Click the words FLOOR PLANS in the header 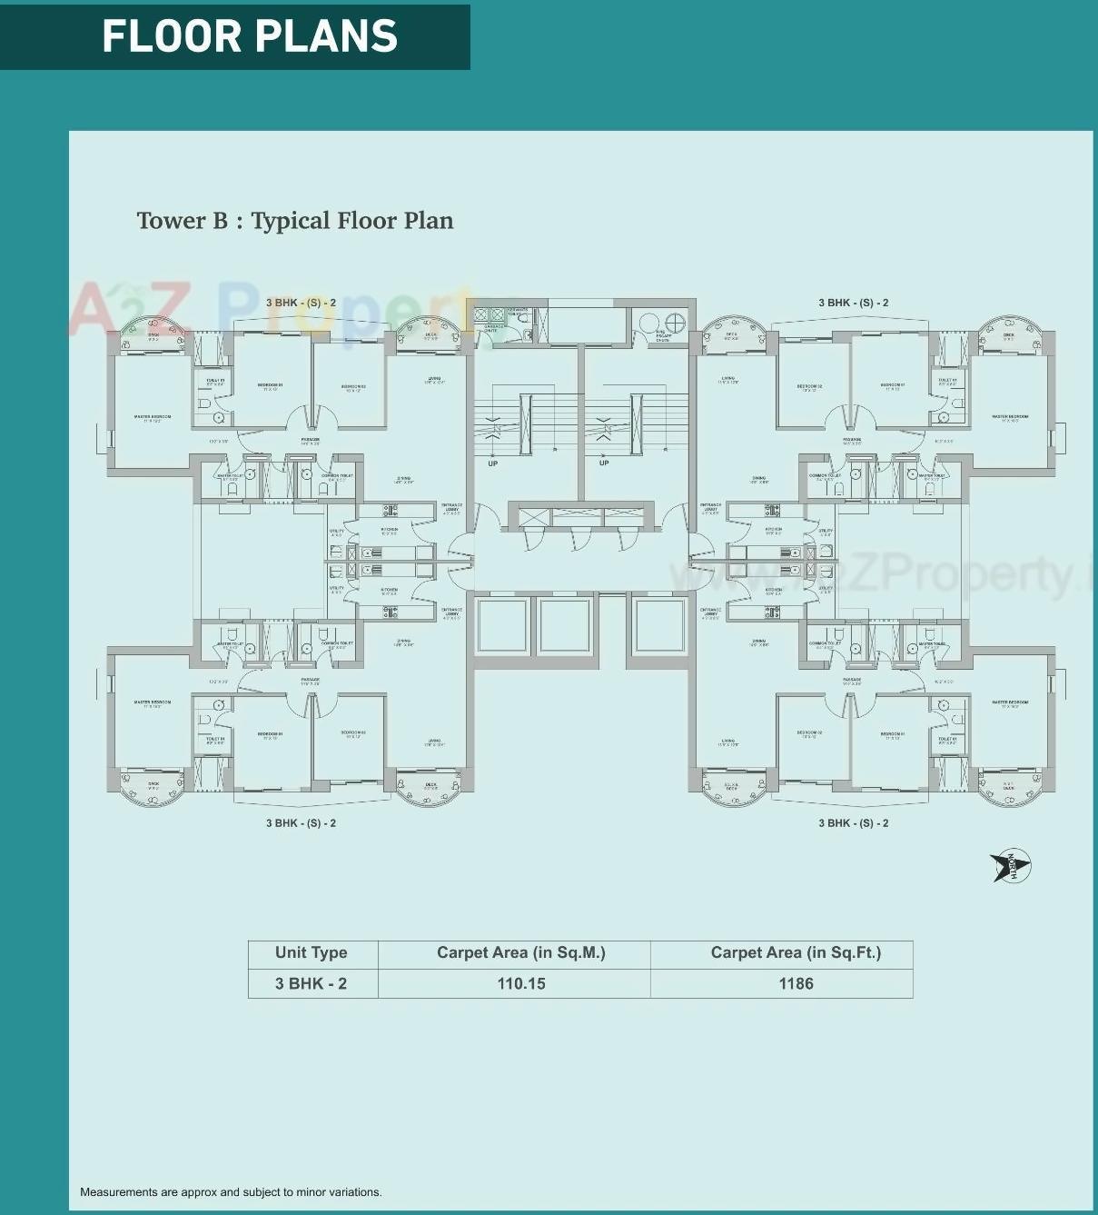(250, 36)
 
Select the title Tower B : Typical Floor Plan (295, 221)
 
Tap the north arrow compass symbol (1011, 866)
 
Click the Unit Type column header (312, 952)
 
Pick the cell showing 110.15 (521, 983)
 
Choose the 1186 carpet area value (796, 983)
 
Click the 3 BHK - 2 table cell (312, 983)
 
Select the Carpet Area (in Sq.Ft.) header (796, 952)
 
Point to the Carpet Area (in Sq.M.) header (521, 952)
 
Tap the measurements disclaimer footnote (231, 1191)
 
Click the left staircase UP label (492, 463)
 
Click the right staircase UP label (604, 463)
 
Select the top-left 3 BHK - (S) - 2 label (301, 303)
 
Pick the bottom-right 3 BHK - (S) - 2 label (853, 822)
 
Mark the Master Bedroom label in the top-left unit (153, 418)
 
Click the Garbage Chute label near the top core (493, 328)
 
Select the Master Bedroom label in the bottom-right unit (1010, 703)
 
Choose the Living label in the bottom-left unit (434, 742)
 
